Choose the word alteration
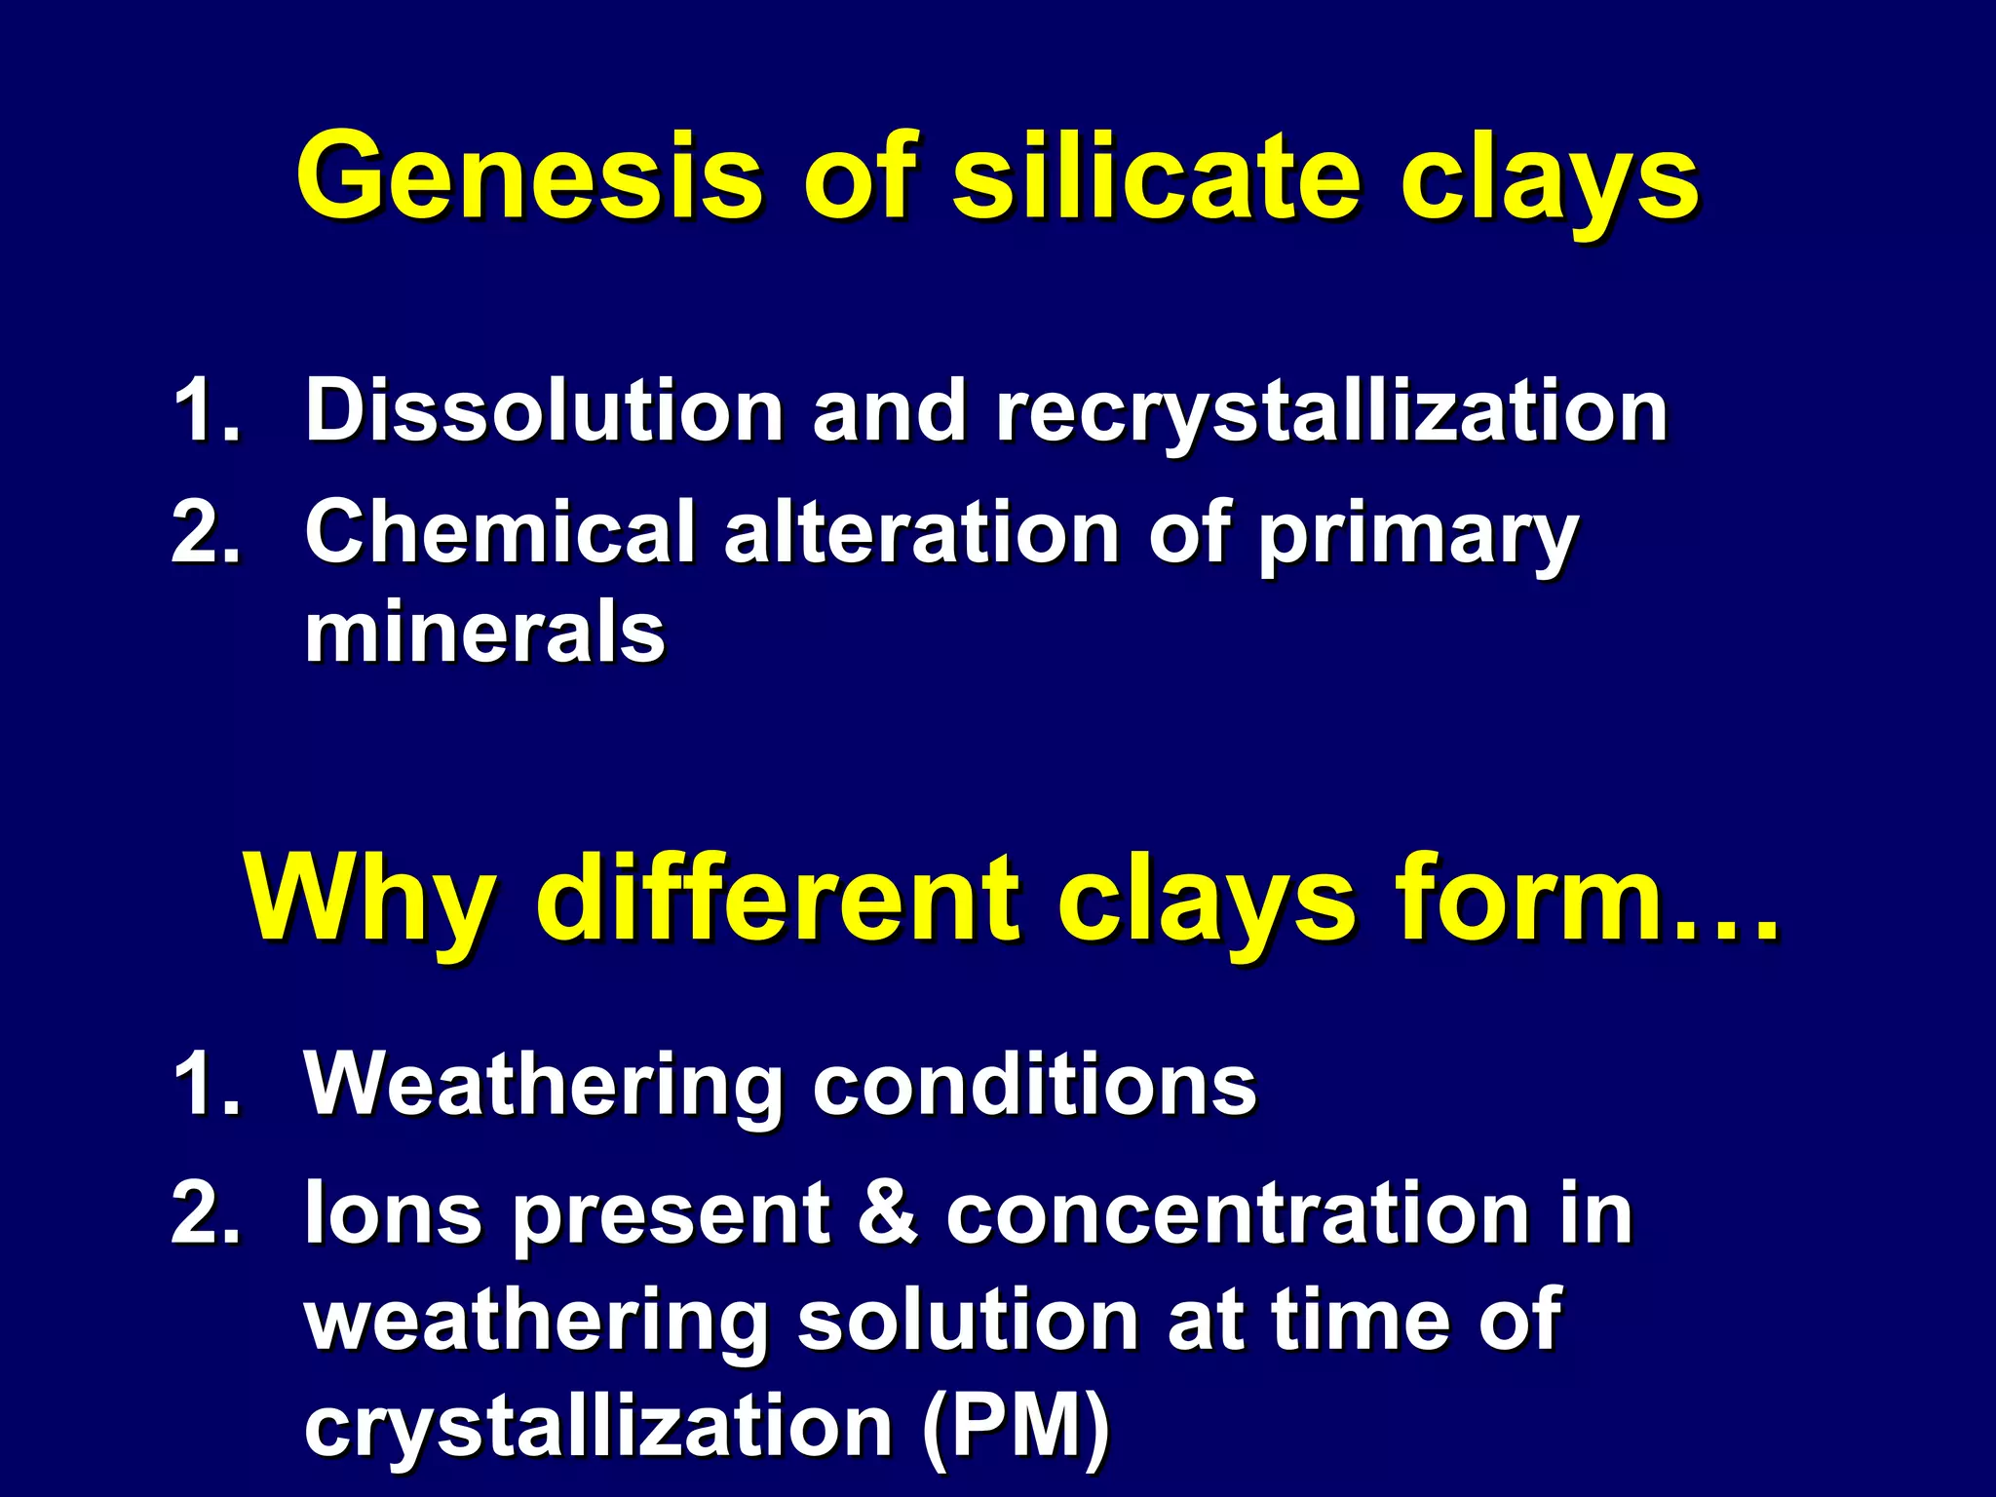(921, 534)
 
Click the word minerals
(484, 633)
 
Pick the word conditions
(1034, 1085)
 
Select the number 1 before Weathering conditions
(196, 1085)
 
